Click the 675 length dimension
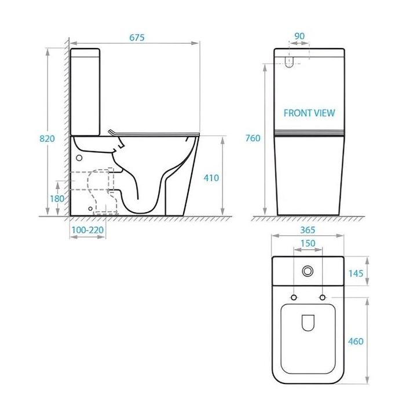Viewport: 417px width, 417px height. click(137, 38)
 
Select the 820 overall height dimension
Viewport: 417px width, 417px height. click(47, 138)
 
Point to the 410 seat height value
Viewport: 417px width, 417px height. click(211, 178)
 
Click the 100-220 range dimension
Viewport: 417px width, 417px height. click(87, 230)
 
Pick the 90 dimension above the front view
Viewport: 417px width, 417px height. click(299, 36)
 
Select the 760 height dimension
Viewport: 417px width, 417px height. click(253, 138)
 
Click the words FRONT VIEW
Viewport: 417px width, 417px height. click(309, 114)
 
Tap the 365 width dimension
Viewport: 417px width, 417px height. click(308, 230)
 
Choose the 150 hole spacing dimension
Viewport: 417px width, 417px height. click(308, 244)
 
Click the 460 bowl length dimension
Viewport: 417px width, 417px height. click(356, 341)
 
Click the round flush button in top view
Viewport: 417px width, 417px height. click(308, 270)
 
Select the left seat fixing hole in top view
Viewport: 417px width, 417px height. click(293, 298)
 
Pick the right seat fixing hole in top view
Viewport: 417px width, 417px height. click(323, 298)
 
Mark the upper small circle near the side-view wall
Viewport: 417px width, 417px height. click(79, 156)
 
